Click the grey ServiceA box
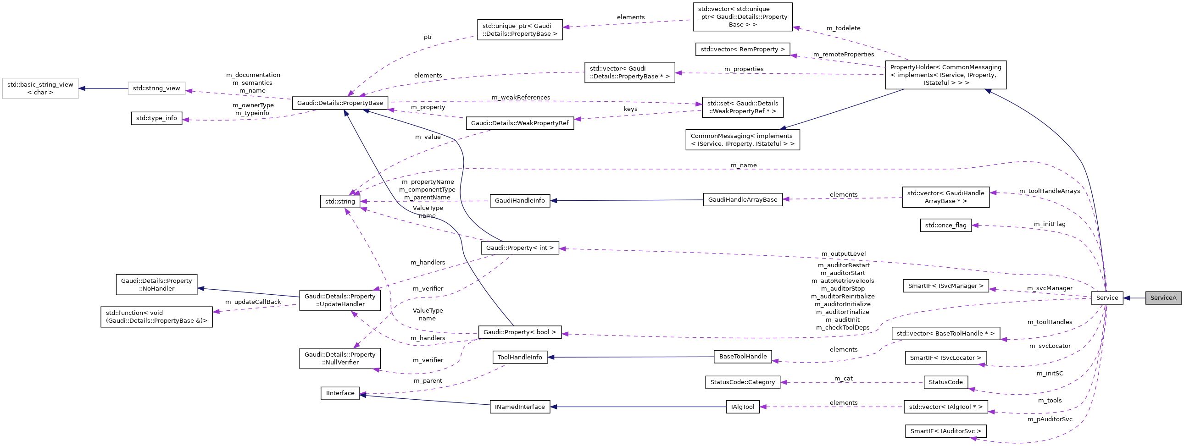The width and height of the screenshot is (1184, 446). point(1163,297)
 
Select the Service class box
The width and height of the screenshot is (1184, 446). point(1107,297)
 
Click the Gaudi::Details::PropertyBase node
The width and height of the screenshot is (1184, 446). point(339,103)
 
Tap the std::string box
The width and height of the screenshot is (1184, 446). point(339,201)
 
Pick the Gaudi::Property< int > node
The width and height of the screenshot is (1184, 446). point(519,248)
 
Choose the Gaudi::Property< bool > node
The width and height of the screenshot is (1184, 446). point(519,332)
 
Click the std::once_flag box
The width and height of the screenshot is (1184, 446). point(945,225)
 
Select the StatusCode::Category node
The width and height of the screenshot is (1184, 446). point(742,382)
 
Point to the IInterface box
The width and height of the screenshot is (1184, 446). point(339,393)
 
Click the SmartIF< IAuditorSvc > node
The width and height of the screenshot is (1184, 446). point(945,431)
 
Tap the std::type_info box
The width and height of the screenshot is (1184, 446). point(156,118)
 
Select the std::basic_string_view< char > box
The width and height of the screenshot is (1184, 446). point(40,88)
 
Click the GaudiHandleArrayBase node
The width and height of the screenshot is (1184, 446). point(742,199)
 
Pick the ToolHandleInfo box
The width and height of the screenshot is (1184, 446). point(519,357)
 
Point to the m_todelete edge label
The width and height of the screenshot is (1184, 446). point(843,28)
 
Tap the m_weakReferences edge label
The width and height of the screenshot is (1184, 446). point(520,97)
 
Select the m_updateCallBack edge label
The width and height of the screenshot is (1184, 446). point(252,302)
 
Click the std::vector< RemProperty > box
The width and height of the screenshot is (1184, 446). point(742,49)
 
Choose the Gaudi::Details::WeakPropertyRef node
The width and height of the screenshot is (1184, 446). point(519,123)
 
